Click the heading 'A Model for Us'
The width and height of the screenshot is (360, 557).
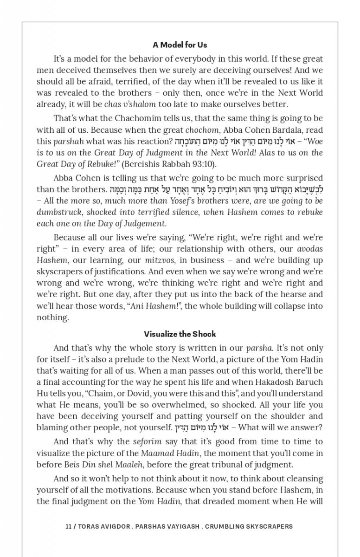pos(180,45)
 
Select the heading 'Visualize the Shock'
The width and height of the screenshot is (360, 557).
pos(180,334)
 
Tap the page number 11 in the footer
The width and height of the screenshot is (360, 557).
pos(68,526)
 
